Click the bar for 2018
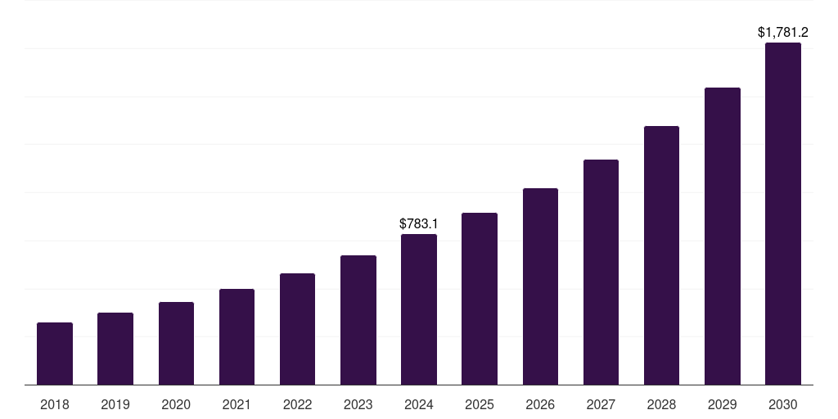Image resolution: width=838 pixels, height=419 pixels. [x=55, y=354]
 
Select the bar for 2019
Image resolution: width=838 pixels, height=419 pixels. [x=115, y=349]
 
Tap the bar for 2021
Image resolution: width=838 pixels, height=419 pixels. [x=237, y=336]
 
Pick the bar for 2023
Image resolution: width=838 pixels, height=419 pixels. [x=358, y=320]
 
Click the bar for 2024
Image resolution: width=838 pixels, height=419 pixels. [x=419, y=309]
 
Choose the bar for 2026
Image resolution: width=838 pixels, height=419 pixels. [x=540, y=286]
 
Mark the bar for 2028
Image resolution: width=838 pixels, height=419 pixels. [x=661, y=255]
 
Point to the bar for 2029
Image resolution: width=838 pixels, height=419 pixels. [x=723, y=236]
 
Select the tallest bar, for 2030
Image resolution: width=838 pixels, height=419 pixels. [x=783, y=214]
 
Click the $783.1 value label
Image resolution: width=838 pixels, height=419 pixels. [x=419, y=223]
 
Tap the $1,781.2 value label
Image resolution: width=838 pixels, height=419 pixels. [x=783, y=33]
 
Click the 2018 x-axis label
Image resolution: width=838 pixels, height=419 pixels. [x=55, y=404]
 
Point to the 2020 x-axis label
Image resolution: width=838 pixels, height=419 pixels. [x=176, y=404]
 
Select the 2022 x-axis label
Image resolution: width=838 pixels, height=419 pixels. [x=297, y=404]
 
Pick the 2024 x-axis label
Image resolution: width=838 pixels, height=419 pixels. [x=419, y=404]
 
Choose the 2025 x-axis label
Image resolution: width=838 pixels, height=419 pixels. [x=480, y=404]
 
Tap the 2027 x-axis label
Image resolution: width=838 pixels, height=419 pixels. [x=601, y=404]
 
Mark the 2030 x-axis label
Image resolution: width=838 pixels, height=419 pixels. [x=783, y=404]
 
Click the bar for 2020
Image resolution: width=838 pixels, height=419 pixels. [x=176, y=344]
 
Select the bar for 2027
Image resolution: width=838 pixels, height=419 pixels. [x=601, y=272]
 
